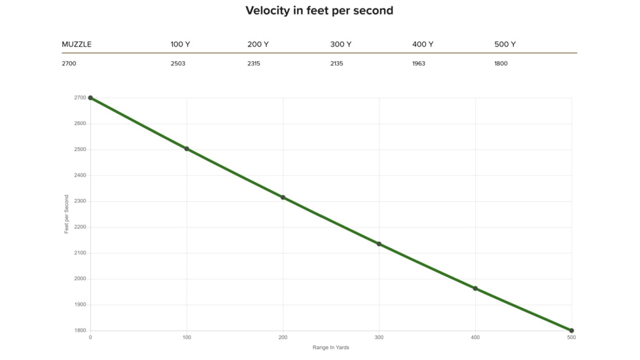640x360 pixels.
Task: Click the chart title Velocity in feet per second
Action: (319, 10)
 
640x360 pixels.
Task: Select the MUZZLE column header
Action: (77, 45)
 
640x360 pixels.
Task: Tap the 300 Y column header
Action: (341, 45)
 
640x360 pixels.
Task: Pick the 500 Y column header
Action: (505, 45)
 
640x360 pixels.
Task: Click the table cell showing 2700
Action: (69, 63)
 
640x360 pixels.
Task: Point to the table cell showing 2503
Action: (178, 63)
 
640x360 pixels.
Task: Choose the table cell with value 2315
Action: (255, 63)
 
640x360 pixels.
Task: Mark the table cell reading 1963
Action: (419, 63)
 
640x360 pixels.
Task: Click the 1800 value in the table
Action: (501, 63)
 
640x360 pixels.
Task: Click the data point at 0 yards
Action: (90, 98)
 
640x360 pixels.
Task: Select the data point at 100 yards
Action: (187, 149)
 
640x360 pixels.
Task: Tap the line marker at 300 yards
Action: (379, 244)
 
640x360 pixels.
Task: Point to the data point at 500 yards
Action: (571, 331)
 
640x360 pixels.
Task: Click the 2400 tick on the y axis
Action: (79, 175)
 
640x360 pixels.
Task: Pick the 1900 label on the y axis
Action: (79, 305)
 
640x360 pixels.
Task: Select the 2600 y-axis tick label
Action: (79, 124)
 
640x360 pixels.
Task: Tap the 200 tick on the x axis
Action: (283, 338)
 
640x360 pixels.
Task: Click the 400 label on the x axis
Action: (475, 338)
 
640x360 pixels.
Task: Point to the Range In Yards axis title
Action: (330, 348)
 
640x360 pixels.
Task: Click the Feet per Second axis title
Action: (67, 214)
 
